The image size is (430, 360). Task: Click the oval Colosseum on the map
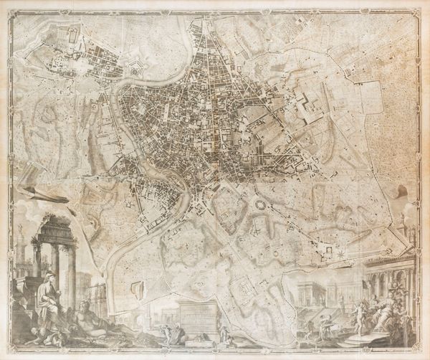tap(260, 205)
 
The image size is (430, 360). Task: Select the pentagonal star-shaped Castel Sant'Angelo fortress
tap(135, 70)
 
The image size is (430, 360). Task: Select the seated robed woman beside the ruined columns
tap(49, 301)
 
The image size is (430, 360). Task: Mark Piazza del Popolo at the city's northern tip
tap(198, 27)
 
